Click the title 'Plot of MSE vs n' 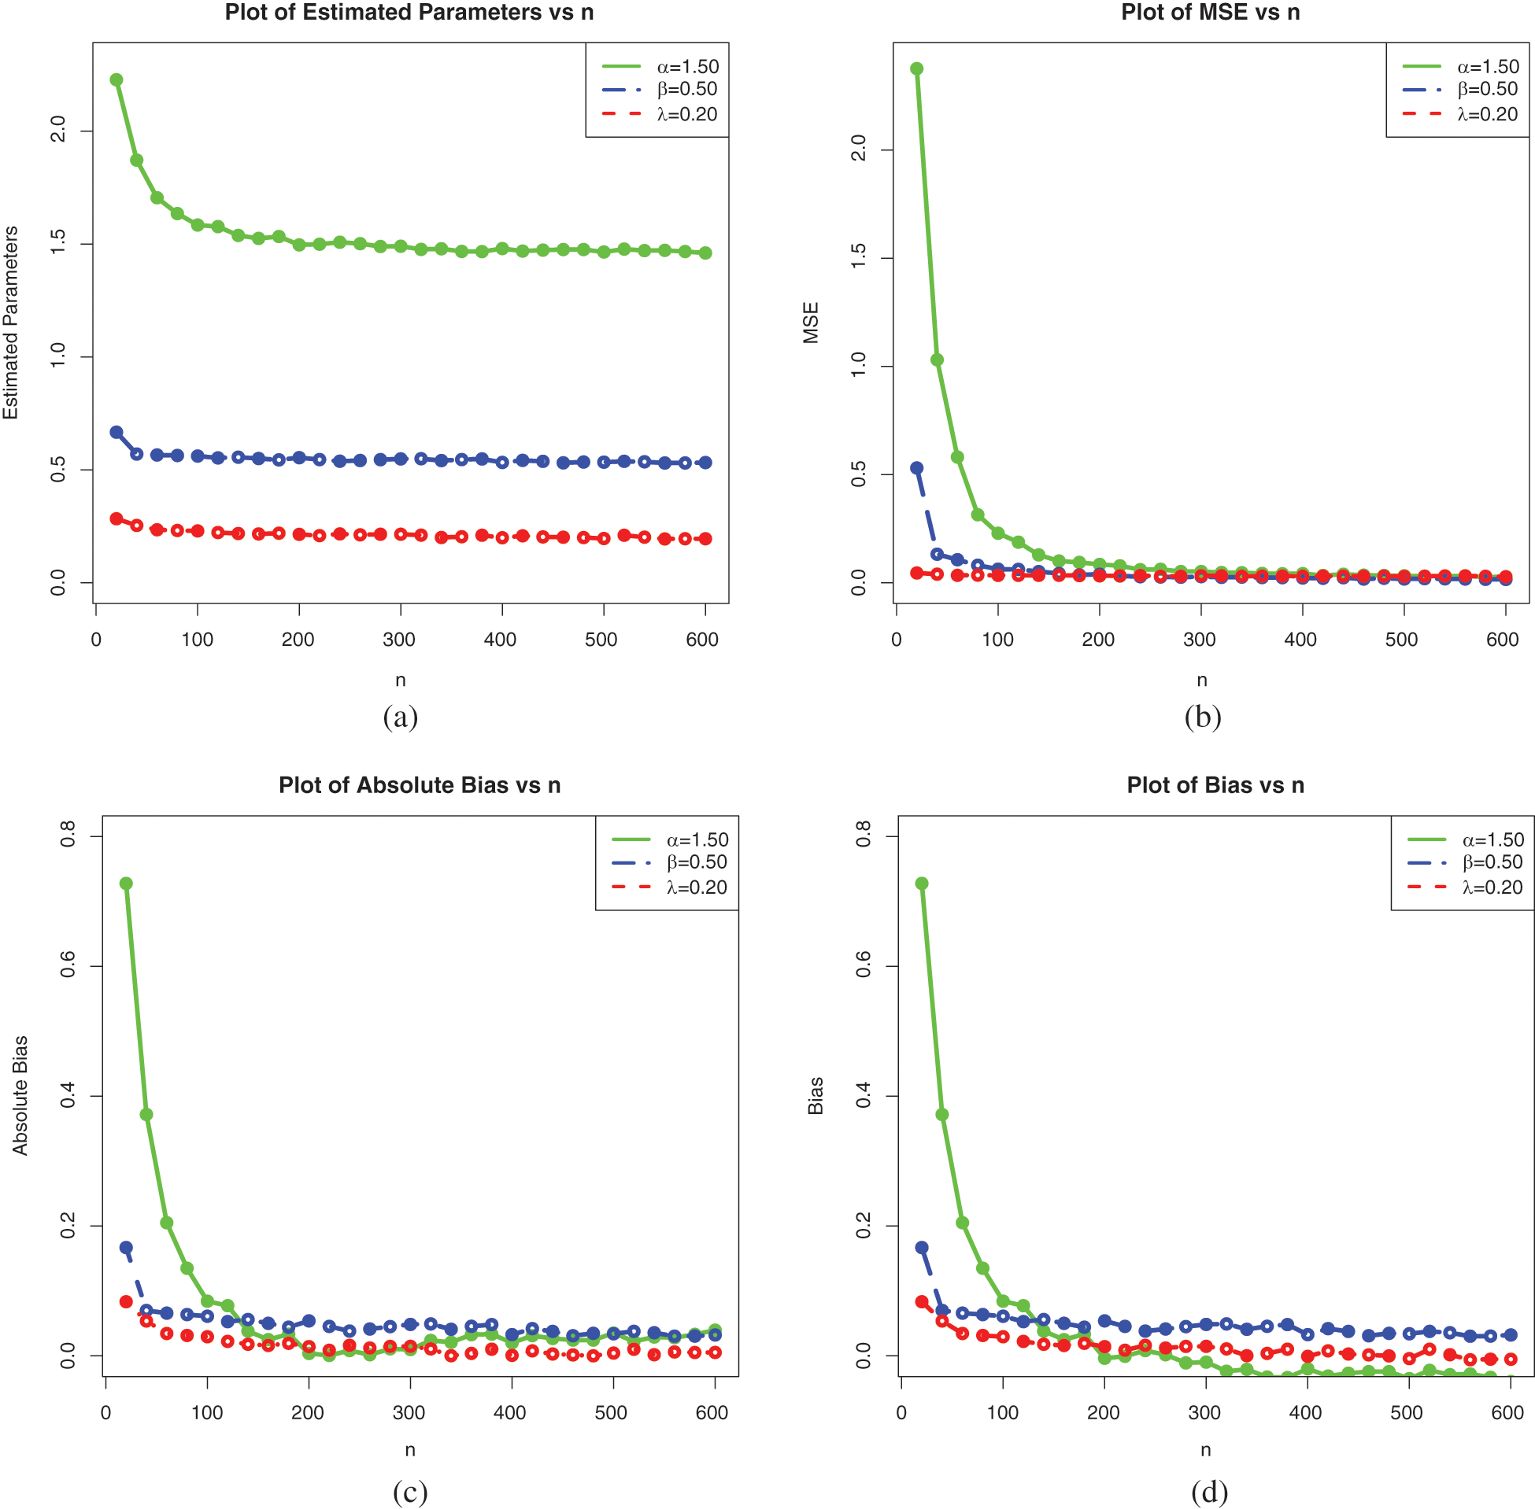[1210, 13]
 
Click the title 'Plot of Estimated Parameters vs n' [409, 13]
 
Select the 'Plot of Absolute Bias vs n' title [420, 785]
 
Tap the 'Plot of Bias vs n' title [1215, 785]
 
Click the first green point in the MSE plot [917, 69]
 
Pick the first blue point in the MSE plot [917, 467]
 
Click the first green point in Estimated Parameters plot [117, 79]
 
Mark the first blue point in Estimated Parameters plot [117, 432]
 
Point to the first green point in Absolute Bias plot [126, 883]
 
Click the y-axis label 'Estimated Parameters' [11, 323]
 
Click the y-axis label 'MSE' [811, 323]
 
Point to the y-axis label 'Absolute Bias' [20, 1095]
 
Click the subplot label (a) [401, 718]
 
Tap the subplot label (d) [1210, 1492]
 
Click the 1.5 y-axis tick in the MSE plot [859, 258]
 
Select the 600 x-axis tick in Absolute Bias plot [712, 1413]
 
